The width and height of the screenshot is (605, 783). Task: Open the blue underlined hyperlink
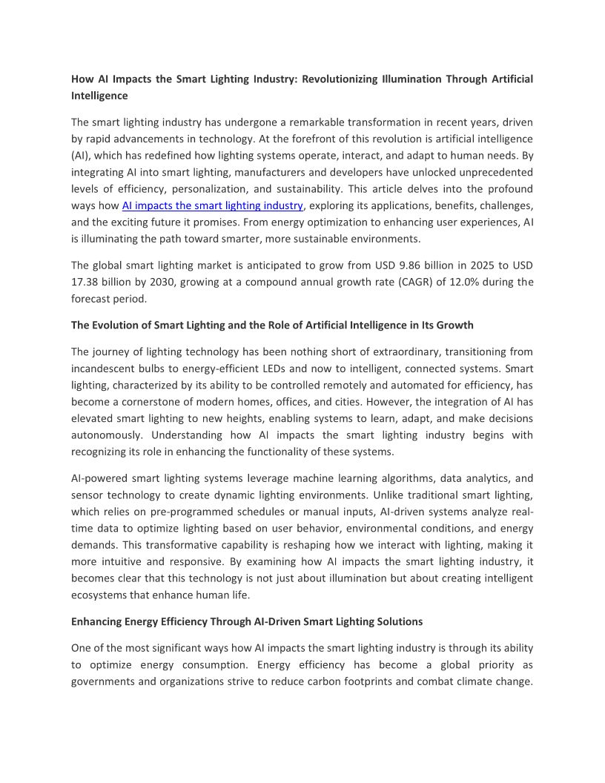click(x=213, y=205)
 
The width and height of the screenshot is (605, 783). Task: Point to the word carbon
click(x=371, y=681)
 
